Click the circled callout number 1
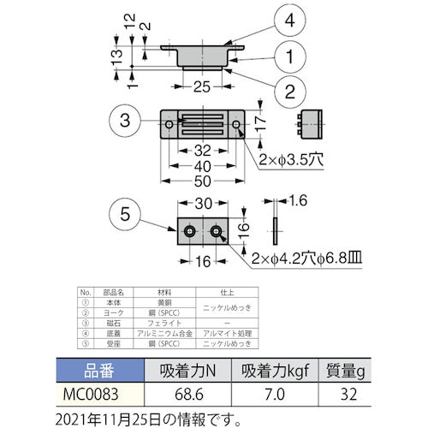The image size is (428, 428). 290,57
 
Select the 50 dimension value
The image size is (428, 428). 202,182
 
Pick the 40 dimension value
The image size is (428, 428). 202,165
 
